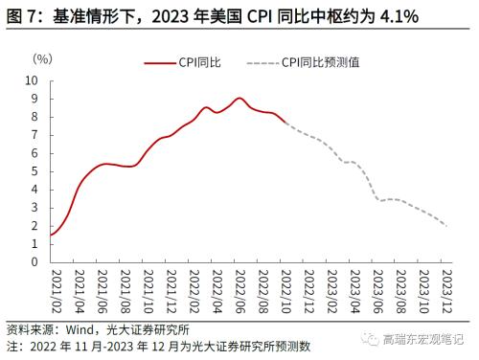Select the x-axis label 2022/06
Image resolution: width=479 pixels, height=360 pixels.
[239, 292]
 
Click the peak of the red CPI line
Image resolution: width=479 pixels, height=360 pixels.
[239, 98]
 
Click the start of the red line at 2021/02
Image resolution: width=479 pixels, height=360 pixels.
[50, 235]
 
